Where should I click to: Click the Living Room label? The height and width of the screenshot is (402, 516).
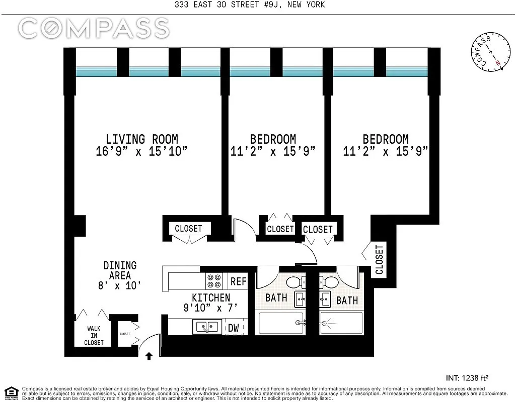click(141, 139)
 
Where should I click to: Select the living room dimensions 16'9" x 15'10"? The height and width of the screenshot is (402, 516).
click(141, 151)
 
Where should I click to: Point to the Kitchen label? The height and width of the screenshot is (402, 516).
click(211, 297)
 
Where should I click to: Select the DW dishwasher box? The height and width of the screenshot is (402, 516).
click(234, 328)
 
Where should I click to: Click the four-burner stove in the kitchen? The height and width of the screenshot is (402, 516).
click(214, 279)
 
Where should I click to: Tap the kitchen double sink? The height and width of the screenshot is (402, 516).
click(206, 327)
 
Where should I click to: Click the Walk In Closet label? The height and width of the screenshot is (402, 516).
click(94, 336)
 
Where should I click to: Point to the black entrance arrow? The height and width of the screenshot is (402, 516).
click(149, 356)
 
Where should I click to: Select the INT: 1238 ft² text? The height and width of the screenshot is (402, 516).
click(468, 377)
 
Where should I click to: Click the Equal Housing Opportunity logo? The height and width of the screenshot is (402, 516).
click(11, 392)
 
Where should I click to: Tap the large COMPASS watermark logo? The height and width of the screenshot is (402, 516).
click(94, 29)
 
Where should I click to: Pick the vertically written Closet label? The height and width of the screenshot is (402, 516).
click(379, 259)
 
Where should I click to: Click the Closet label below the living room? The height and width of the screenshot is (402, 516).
click(188, 229)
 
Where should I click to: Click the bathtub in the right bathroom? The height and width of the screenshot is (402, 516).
click(341, 323)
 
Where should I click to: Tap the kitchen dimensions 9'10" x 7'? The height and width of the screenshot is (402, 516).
click(211, 308)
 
